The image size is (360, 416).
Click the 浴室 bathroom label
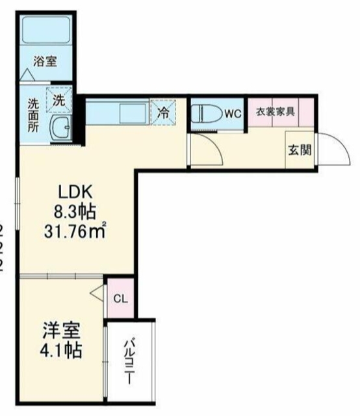coord(45,62)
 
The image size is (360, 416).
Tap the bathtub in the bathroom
coord(46,29)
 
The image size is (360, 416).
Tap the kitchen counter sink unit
coord(117,112)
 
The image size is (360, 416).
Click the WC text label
coord(233,113)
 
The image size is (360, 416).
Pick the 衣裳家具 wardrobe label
coord(275,110)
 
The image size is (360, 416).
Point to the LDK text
coord(77,192)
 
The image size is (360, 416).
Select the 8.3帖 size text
coord(75,211)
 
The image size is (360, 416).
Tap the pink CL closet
coord(120,298)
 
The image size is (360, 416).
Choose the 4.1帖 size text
coord(62,352)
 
